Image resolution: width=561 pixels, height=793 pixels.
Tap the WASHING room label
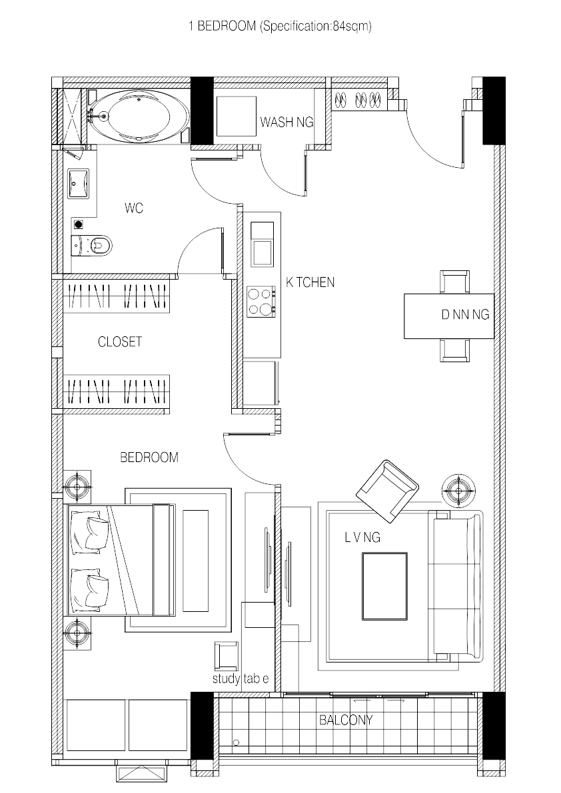[x=286, y=123]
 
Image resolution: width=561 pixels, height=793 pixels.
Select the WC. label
[x=135, y=208]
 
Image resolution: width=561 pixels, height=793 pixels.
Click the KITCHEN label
[x=310, y=282]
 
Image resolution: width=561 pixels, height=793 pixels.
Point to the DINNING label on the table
[x=465, y=315]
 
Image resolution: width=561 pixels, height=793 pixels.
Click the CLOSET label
[x=120, y=342]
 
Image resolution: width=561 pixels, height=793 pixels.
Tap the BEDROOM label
[x=149, y=457]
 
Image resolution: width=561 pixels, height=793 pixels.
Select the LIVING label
[x=362, y=537]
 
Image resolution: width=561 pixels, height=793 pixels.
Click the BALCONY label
[x=346, y=720]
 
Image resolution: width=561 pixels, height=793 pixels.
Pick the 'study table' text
[x=241, y=679]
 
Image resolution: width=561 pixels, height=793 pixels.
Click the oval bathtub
[x=139, y=117]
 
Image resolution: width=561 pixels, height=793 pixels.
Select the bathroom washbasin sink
[x=79, y=182]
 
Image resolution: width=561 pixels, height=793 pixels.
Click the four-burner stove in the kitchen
[x=262, y=300]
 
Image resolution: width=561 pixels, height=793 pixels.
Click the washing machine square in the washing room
[x=236, y=117]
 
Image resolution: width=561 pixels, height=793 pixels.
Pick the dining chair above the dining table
[x=455, y=282]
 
